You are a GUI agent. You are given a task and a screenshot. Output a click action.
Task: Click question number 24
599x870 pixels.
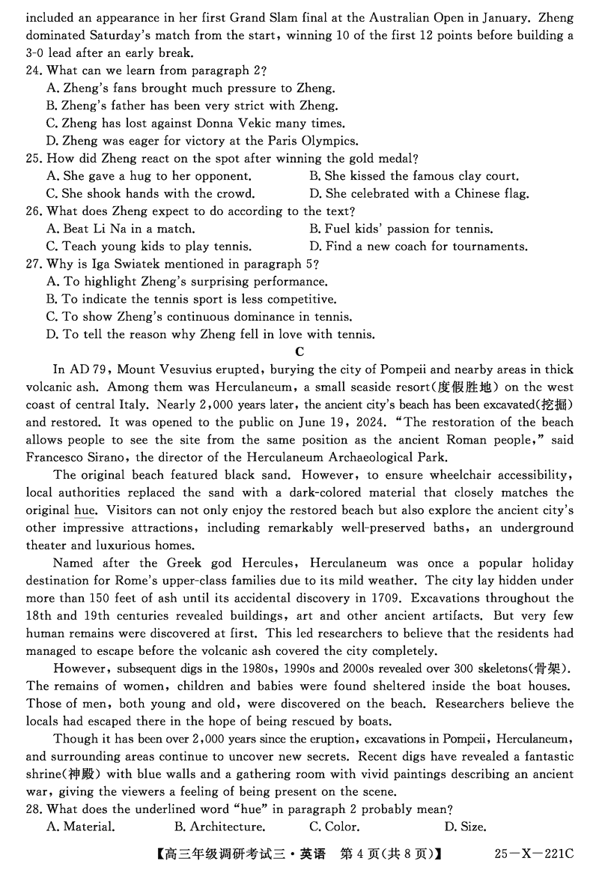(34, 70)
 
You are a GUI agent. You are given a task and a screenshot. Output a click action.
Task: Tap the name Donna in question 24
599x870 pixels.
(217, 123)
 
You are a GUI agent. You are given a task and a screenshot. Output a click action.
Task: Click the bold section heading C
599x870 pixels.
(299, 351)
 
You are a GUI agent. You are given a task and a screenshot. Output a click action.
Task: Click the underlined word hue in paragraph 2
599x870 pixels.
(84, 510)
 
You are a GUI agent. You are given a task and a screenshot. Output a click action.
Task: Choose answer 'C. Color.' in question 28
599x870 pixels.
(334, 827)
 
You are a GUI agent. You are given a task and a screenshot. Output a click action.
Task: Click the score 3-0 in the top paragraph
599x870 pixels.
(37, 52)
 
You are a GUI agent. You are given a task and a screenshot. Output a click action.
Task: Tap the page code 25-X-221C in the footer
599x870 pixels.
(533, 854)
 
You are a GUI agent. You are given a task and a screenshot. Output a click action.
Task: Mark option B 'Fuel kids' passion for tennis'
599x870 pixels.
(401, 229)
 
